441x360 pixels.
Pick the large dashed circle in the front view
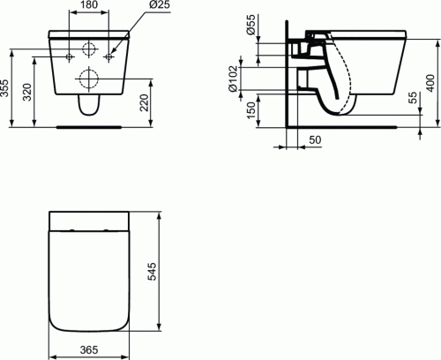(x=89, y=77)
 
